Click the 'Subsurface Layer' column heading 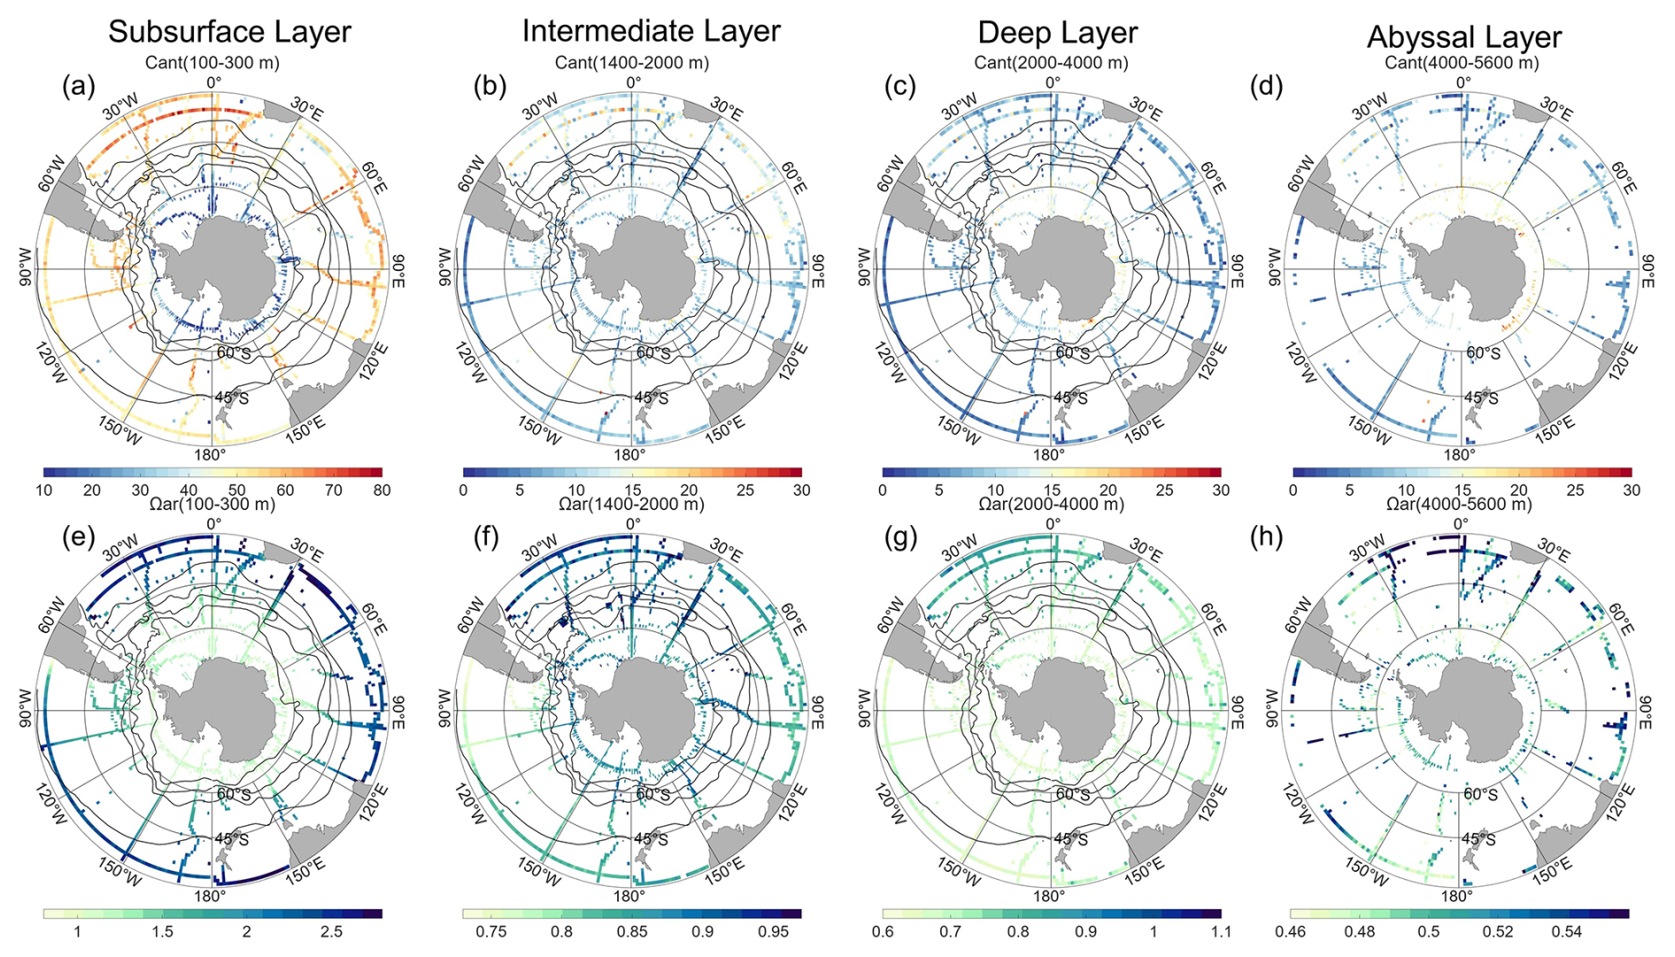coord(229,32)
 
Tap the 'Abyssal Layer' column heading coord(1464,37)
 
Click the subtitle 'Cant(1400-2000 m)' coord(631,63)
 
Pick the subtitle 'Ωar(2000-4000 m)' coord(1051,505)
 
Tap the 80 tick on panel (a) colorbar coord(382,490)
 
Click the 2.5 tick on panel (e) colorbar coord(331,932)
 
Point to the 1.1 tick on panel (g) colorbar coord(1221,932)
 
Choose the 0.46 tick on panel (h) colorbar coord(1292,932)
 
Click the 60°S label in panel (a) coord(234,352)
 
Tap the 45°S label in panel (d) coord(1482,397)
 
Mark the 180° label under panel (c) coord(1049,455)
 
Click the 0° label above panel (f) coord(633,524)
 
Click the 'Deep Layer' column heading coord(1057,33)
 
